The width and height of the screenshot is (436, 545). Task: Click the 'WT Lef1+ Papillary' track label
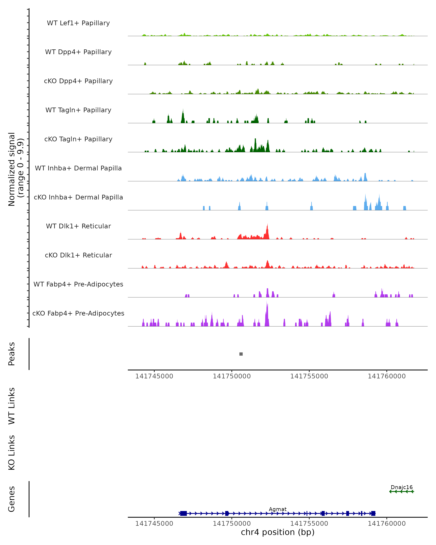click(x=78, y=23)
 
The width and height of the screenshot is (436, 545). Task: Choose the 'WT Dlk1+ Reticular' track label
click(x=78, y=226)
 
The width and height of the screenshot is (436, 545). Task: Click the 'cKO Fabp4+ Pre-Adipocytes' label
click(x=78, y=313)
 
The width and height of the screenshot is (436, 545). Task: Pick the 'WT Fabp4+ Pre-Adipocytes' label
click(x=78, y=284)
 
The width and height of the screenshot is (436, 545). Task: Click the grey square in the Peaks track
click(x=241, y=354)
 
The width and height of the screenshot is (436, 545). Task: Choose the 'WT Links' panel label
click(x=12, y=406)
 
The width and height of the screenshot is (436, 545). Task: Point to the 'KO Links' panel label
click(x=12, y=453)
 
